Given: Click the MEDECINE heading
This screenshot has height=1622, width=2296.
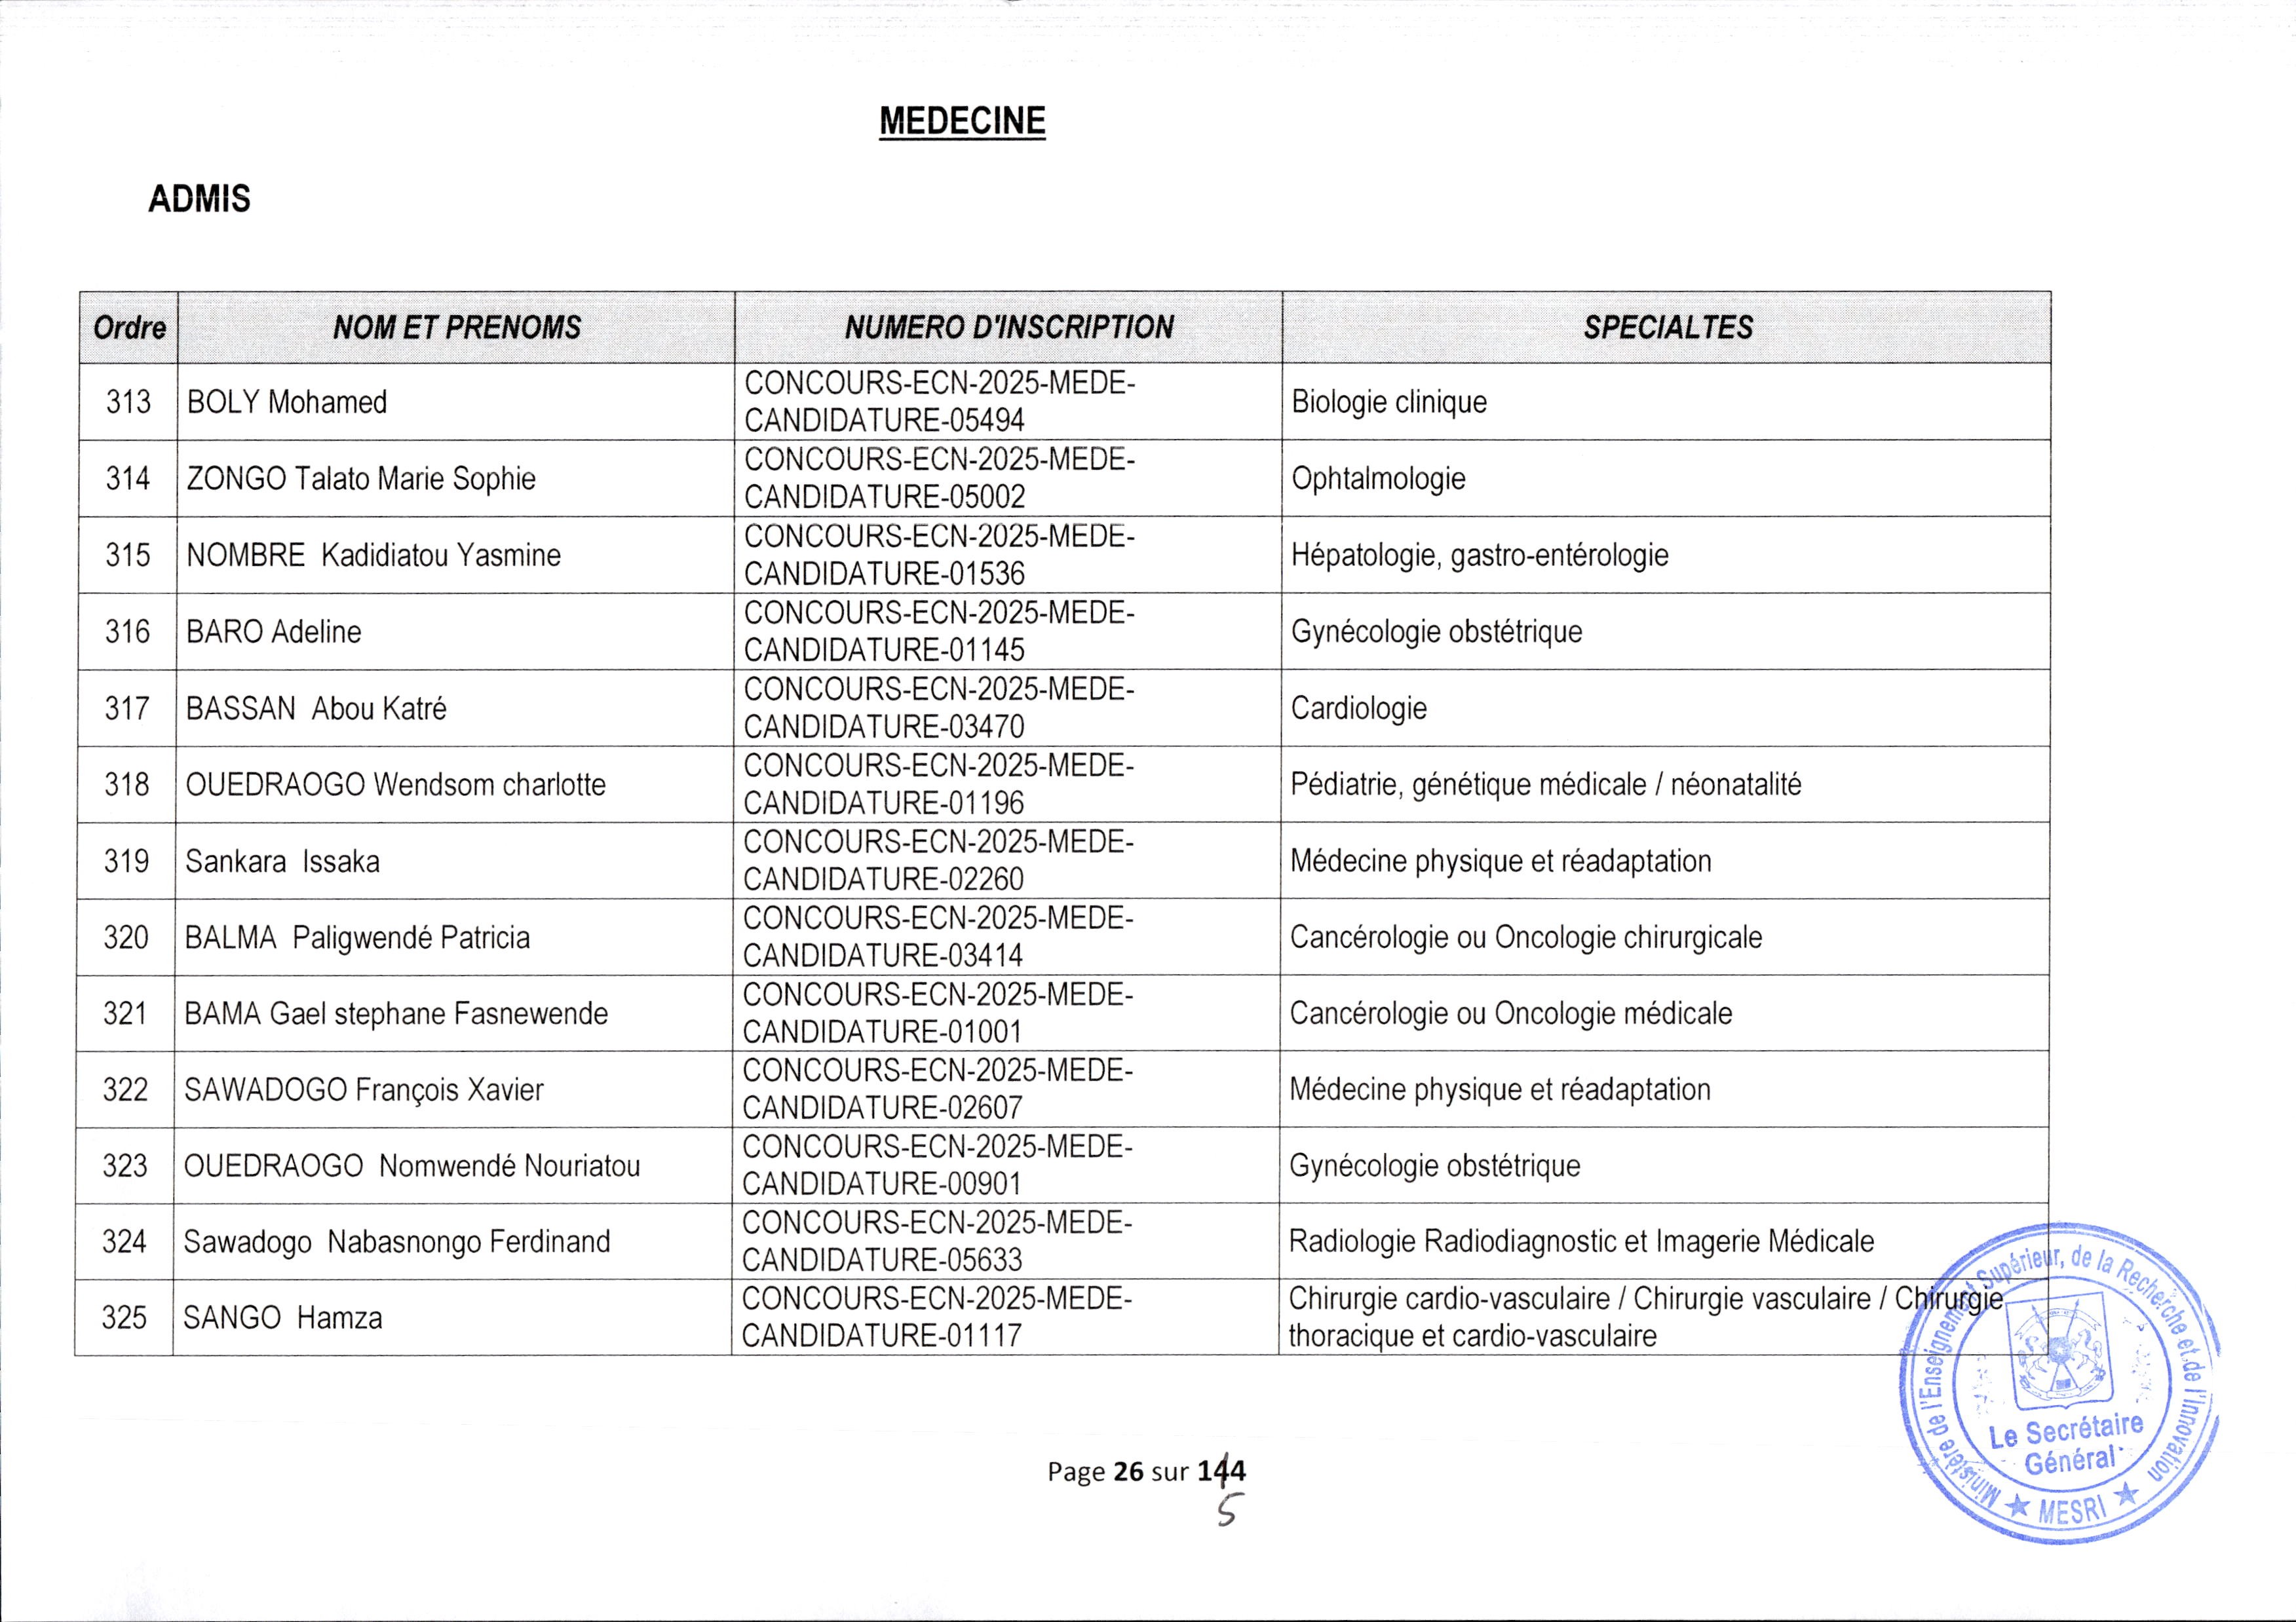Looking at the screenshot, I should click(x=962, y=122).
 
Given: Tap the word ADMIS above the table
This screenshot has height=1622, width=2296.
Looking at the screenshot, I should click(x=199, y=199).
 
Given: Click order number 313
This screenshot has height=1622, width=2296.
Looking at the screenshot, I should click(x=128, y=402).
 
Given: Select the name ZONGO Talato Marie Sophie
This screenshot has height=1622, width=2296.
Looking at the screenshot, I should click(x=361, y=479).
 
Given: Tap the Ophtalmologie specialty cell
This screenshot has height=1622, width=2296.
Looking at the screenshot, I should click(x=1378, y=479).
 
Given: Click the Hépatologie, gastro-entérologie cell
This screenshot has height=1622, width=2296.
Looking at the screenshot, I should click(x=1479, y=555).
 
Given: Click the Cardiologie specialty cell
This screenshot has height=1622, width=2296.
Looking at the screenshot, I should click(x=1358, y=708).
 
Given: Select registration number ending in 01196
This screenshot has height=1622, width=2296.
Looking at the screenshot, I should click(x=938, y=785).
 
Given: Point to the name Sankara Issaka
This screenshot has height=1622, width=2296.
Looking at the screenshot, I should click(x=282, y=861).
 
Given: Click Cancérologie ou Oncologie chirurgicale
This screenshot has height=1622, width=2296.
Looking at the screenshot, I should click(x=1525, y=937).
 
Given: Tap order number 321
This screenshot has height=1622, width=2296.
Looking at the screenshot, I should click(x=125, y=1013).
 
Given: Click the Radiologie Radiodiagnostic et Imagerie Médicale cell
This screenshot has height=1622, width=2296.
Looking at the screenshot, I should click(x=1580, y=1241).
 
